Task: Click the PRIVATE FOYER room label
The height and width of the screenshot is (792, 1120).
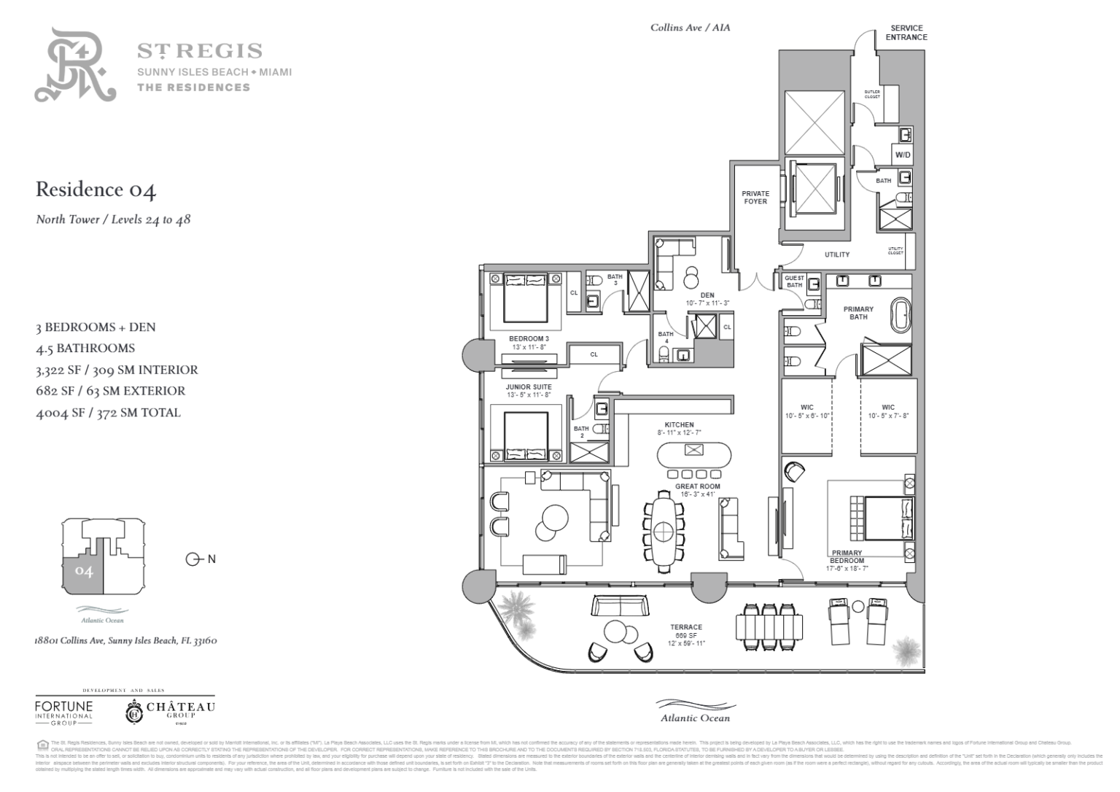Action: click(755, 198)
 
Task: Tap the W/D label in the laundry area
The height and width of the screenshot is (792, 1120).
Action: click(903, 155)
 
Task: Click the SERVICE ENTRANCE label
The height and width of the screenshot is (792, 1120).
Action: click(907, 33)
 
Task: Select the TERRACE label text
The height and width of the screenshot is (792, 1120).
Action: click(686, 627)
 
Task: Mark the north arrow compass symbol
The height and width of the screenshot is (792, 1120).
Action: click(193, 559)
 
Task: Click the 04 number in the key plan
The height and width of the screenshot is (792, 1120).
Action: click(84, 572)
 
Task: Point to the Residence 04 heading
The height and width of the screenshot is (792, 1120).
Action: click(96, 190)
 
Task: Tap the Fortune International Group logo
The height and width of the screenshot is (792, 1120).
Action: click(64, 711)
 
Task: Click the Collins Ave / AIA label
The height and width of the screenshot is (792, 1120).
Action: click(690, 28)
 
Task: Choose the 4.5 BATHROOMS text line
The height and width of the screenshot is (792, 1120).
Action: click(85, 349)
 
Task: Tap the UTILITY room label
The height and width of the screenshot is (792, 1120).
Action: click(837, 255)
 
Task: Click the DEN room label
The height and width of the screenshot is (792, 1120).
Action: click(707, 295)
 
